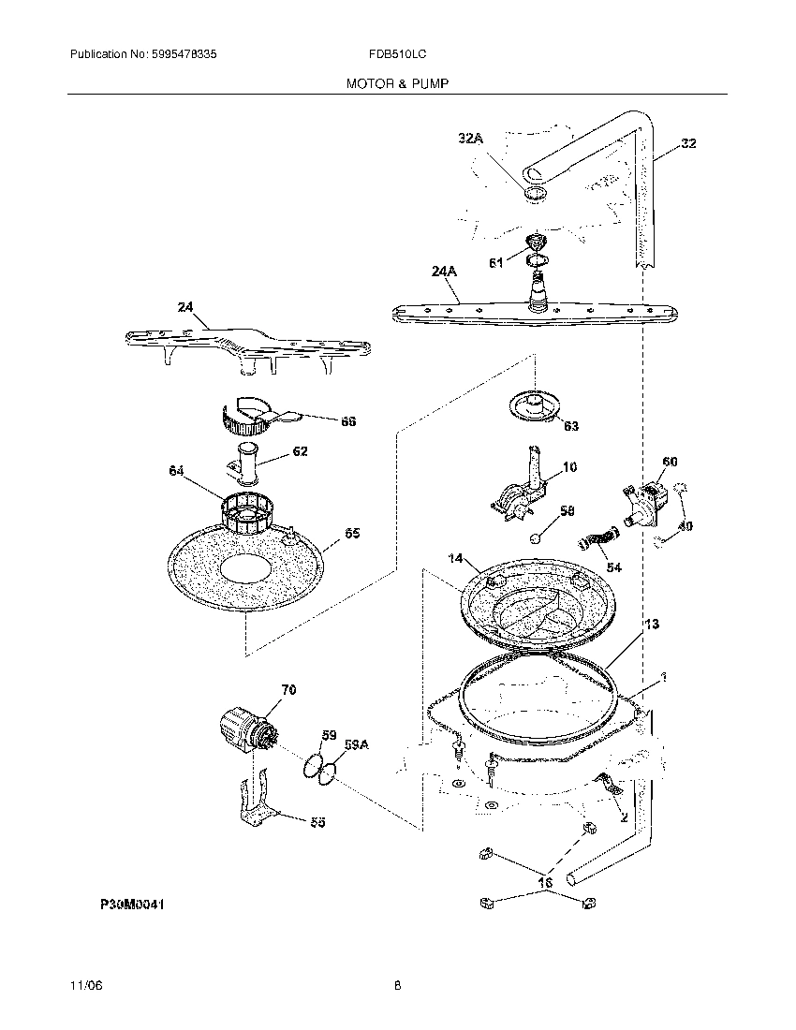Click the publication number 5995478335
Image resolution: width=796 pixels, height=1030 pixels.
pos(184,55)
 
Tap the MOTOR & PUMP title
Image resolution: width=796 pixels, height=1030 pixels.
pos(397,83)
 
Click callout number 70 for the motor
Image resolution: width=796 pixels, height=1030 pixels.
pos(287,690)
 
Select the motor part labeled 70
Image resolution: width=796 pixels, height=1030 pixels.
pos(245,731)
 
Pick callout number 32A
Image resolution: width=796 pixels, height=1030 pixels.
pos(471,139)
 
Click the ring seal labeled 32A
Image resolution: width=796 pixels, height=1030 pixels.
pos(534,194)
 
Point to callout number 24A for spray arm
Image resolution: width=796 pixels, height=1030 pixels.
pos(444,272)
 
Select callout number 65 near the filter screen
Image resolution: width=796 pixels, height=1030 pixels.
pos(351,534)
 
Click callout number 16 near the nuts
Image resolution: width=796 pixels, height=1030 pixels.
pos(546,882)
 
